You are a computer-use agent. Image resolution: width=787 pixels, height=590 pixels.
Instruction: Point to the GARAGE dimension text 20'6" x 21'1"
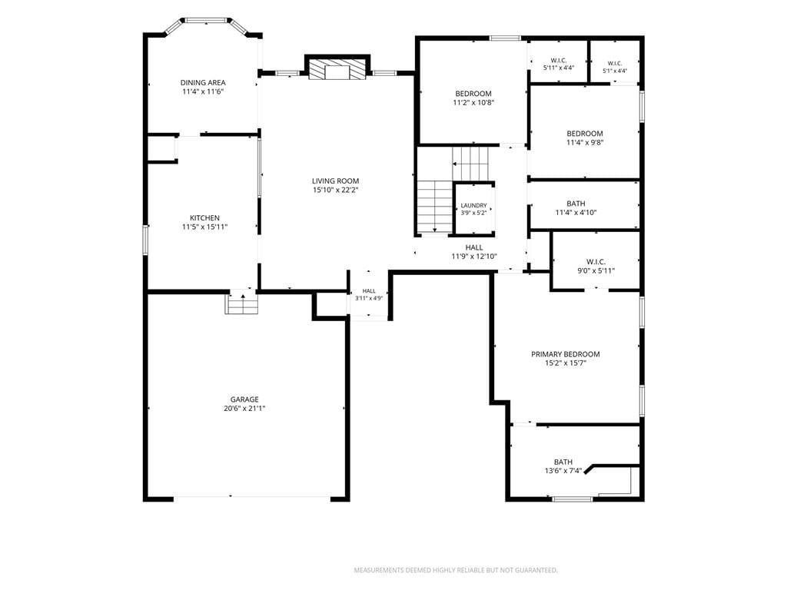pyautogui.click(x=244, y=409)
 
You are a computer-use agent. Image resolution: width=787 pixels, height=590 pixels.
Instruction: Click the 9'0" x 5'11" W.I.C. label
pyautogui.click(x=596, y=267)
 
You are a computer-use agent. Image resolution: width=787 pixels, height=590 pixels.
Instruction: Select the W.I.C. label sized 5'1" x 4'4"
pyautogui.click(x=615, y=68)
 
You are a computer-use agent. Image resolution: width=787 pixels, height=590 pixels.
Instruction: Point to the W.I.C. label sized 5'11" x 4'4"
pyautogui.click(x=559, y=64)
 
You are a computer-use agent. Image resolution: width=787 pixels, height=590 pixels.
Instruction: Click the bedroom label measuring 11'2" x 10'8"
pyautogui.click(x=473, y=98)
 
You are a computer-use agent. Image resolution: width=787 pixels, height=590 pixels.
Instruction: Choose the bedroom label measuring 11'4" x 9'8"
pyautogui.click(x=585, y=138)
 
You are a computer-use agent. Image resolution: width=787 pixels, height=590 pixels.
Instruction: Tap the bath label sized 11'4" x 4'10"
pyautogui.click(x=576, y=207)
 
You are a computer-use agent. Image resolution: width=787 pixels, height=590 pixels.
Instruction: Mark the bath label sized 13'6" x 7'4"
pyautogui.click(x=563, y=466)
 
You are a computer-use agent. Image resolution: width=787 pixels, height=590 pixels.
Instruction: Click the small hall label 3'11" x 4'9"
pyautogui.click(x=369, y=294)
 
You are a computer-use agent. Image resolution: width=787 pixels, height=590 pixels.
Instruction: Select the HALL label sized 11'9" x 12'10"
pyautogui.click(x=474, y=252)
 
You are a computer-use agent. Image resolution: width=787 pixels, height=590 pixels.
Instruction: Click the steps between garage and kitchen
pyautogui.click(x=242, y=302)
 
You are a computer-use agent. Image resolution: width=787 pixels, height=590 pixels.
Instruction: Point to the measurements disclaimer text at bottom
pyautogui.click(x=456, y=571)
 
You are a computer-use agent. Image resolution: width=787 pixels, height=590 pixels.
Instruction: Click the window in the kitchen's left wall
pyautogui.click(x=145, y=240)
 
